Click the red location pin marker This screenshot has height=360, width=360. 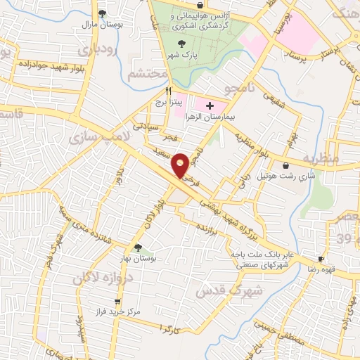click(x=181, y=165)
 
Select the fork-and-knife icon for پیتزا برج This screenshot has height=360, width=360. click(x=168, y=91)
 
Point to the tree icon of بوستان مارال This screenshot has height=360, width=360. click(x=102, y=13)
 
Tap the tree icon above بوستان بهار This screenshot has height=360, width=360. click(x=138, y=247)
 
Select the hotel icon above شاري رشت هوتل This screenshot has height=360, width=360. click(x=285, y=165)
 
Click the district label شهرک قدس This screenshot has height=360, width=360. click(x=228, y=291)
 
